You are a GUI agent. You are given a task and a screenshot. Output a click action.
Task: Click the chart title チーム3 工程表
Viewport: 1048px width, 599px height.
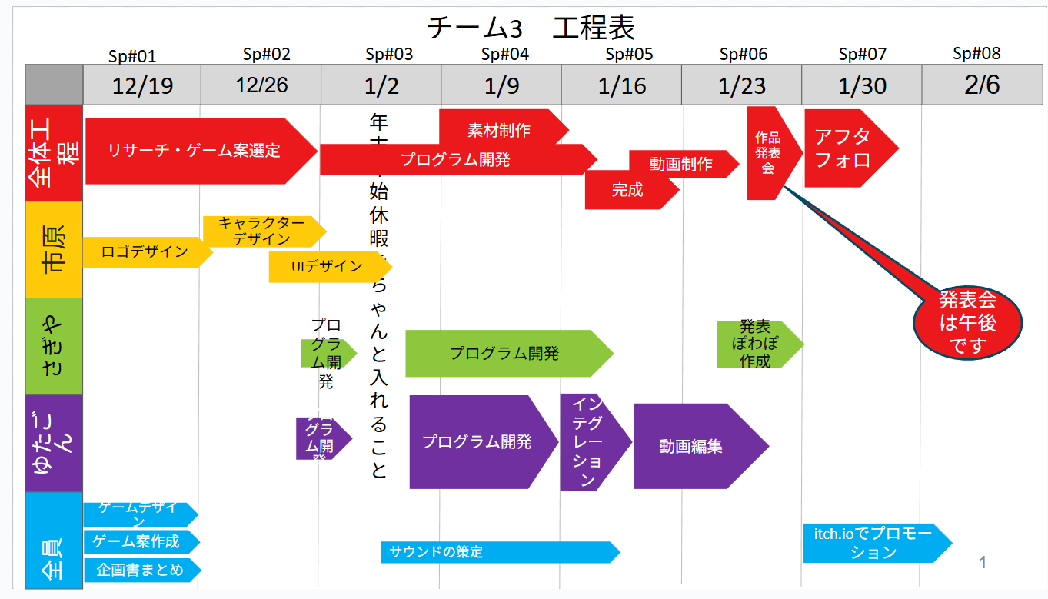click(x=531, y=28)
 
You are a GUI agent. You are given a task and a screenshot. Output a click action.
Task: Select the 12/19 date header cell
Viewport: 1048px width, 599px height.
click(x=141, y=85)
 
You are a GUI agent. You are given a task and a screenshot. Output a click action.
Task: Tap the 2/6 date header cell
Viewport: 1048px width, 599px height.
click(x=982, y=85)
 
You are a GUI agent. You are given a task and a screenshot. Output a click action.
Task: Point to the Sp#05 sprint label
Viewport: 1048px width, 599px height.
click(x=628, y=54)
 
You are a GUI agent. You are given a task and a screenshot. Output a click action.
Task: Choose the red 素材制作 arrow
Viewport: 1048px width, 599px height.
click(x=500, y=128)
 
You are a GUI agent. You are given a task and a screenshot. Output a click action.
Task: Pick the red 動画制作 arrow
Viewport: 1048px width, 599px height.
click(x=680, y=164)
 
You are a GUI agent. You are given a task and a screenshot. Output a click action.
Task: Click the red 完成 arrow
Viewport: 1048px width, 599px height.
click(x=627, y=190)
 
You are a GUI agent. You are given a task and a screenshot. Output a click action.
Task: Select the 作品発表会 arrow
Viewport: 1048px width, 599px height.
click(x=767, y=152)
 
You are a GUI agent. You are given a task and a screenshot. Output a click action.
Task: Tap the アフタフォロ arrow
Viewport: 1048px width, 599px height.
click(x=843, y=148)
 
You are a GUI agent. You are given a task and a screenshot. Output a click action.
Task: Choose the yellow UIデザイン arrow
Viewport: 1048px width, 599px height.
click(x=328, y=267)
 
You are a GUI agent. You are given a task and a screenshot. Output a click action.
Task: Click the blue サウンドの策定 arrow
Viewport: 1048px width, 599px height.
click(x=496, y=552)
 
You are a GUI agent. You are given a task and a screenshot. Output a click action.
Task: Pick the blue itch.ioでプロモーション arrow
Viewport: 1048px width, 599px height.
click(x=873, y=543)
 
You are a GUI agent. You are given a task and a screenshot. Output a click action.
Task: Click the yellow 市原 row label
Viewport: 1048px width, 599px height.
click(x=54, y=250)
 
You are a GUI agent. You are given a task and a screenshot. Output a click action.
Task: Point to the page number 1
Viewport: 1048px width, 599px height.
click(x=983, y=563)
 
